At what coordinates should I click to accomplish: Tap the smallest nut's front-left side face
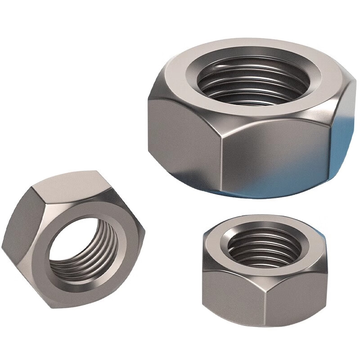pyautogui.click(x=232, y=292)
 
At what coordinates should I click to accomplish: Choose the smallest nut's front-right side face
pyautogui.click(x=295, y=292)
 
